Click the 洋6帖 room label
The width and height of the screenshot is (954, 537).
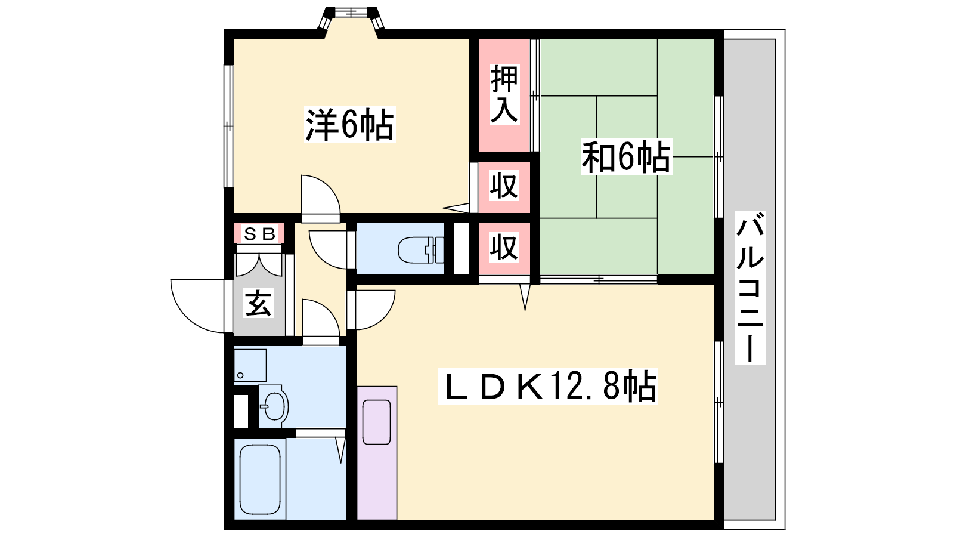[349, 125]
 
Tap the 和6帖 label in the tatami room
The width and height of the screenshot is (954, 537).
[626, 156]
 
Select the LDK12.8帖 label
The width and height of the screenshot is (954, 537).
[548, 386]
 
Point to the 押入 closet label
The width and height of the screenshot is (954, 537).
[504, 94]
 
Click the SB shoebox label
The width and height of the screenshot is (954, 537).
[259, 233]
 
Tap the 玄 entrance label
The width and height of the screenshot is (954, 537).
[259, 303]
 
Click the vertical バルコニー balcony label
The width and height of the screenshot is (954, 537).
[749, 288]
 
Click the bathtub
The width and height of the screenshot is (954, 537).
[260, 479]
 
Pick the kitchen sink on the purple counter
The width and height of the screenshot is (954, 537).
[376, 422]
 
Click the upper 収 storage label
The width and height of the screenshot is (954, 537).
[504, 186]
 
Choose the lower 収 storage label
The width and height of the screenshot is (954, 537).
[504, 246]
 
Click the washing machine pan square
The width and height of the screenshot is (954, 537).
[250, 366]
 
